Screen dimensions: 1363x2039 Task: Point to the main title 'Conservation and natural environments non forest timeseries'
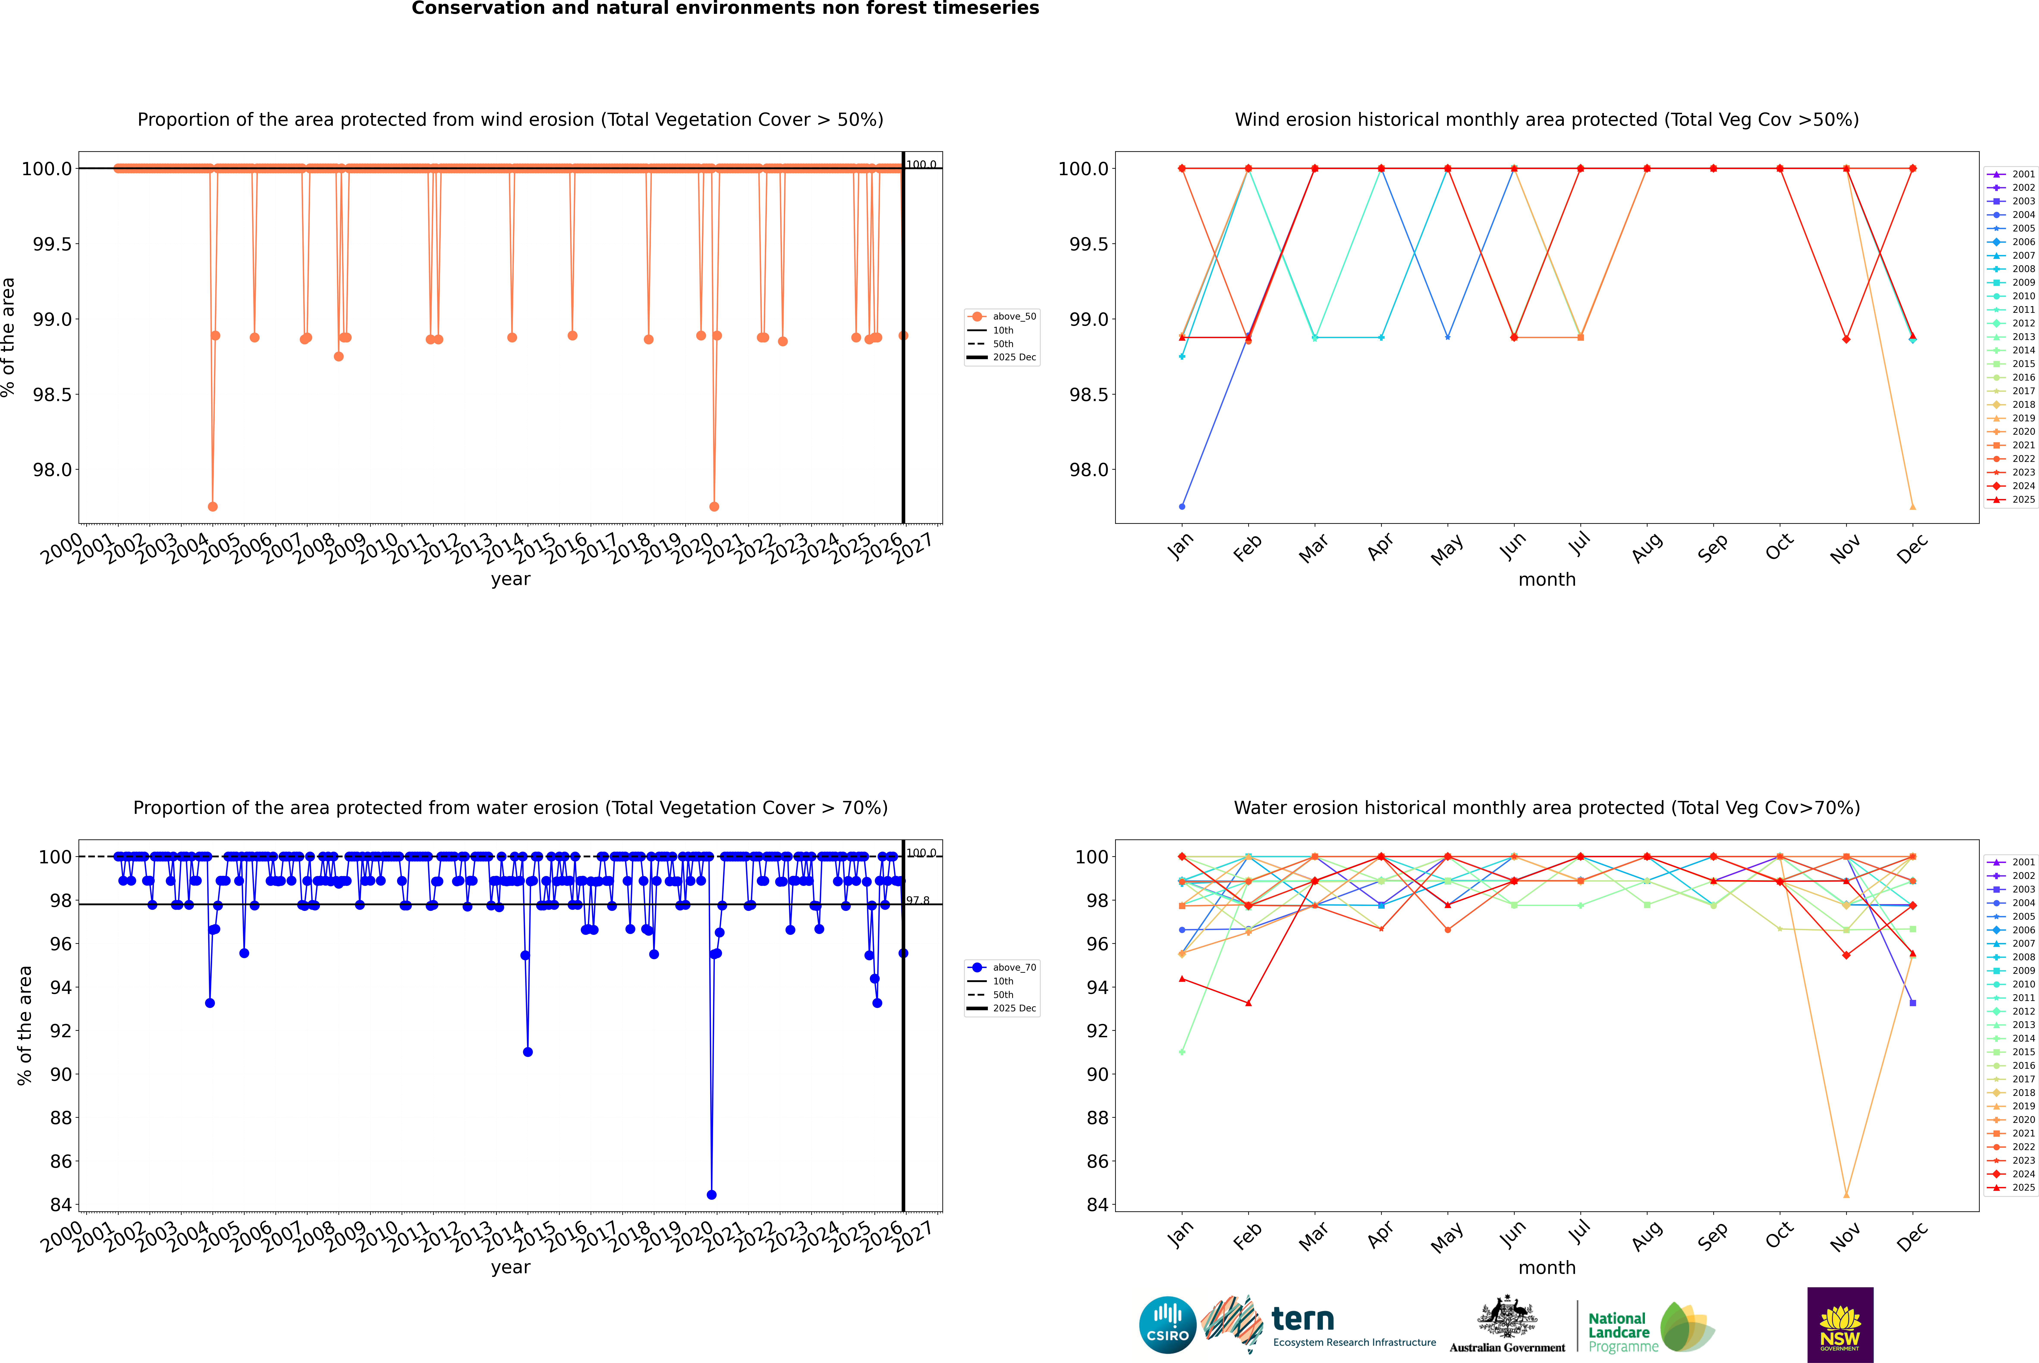(x=725, y=9)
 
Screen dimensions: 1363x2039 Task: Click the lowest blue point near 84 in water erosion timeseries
(x=712, y=1194)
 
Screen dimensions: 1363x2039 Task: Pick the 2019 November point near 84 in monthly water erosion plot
(x=1846, y=1194)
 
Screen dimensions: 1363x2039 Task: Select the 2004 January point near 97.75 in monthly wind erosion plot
(x=1182, y=506)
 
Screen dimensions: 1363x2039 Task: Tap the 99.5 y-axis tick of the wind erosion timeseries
(x=52, y=244)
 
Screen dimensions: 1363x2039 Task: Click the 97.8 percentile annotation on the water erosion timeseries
(x=918, y=900)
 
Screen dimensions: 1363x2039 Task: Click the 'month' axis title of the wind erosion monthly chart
(x=1546, y=580)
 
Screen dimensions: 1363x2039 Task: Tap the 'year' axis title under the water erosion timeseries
(x=510, y=1267)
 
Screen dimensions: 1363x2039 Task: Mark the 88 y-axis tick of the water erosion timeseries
(x=61, y=1118)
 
